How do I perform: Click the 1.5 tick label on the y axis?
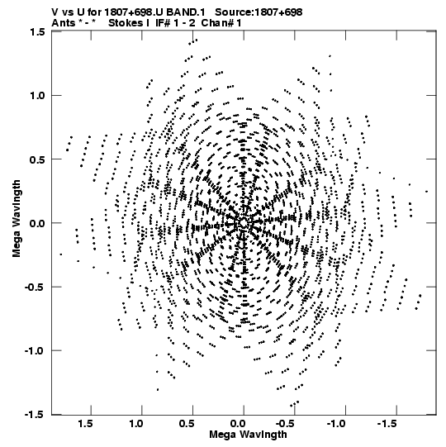click(37, 31)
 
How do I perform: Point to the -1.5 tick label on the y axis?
click(35, 414)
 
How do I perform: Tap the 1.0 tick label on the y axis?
click(37, 96)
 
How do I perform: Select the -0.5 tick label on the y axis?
click(35, 287)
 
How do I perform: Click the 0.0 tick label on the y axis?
click(37, 223)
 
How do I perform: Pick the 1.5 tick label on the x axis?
click(86, 424)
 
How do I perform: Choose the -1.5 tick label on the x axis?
click(387, 424)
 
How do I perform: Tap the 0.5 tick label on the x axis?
click(187, 424)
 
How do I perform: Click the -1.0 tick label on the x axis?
click(336, 424)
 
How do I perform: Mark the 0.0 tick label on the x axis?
click(238, 424)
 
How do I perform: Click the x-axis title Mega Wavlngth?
click(248, 435)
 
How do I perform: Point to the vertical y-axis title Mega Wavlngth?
click(17, 219)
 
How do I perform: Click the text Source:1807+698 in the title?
click(259, 12)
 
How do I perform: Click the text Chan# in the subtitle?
click(217, 23)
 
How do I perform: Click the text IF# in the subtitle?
click(163, 23)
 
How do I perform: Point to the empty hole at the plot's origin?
click(244, 222)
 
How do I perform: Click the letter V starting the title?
click(55, 12)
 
